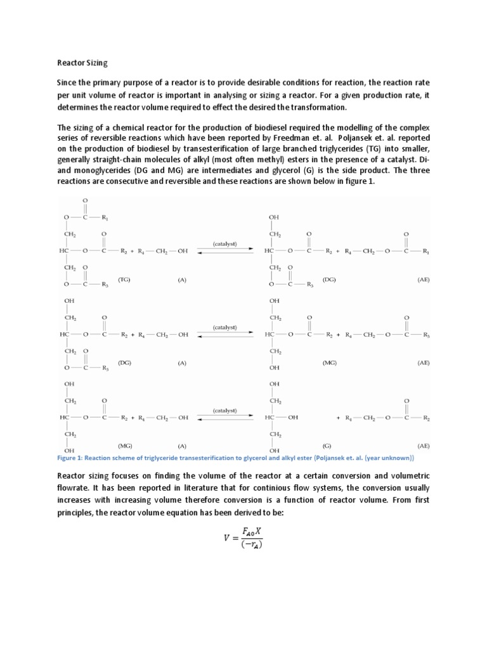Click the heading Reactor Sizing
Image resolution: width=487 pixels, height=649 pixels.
click(x=82, y=63)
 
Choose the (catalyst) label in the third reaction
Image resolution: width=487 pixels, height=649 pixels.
click(x=224, y=410)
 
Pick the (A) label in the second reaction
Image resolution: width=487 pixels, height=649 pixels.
click(x=182, y=363)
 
